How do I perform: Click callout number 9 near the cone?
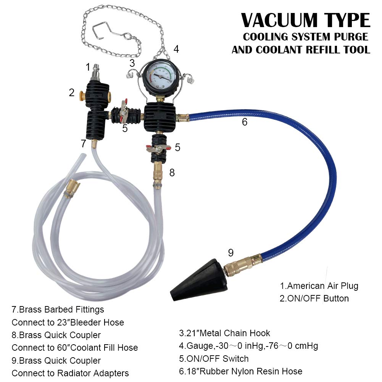(230, 253)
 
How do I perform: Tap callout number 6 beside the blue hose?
(245, 122)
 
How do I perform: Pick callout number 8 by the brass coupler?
(172, 172)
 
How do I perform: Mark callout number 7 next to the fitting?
(84, 143)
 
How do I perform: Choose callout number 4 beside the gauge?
(176, 49)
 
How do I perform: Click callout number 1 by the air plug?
(88, 67)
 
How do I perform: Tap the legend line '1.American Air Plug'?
(319, 285)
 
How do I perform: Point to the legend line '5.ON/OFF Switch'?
(214, 359)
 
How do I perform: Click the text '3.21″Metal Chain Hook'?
(225, 334)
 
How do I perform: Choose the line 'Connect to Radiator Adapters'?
(70, 373)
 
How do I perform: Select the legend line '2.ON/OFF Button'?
(314, 298)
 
